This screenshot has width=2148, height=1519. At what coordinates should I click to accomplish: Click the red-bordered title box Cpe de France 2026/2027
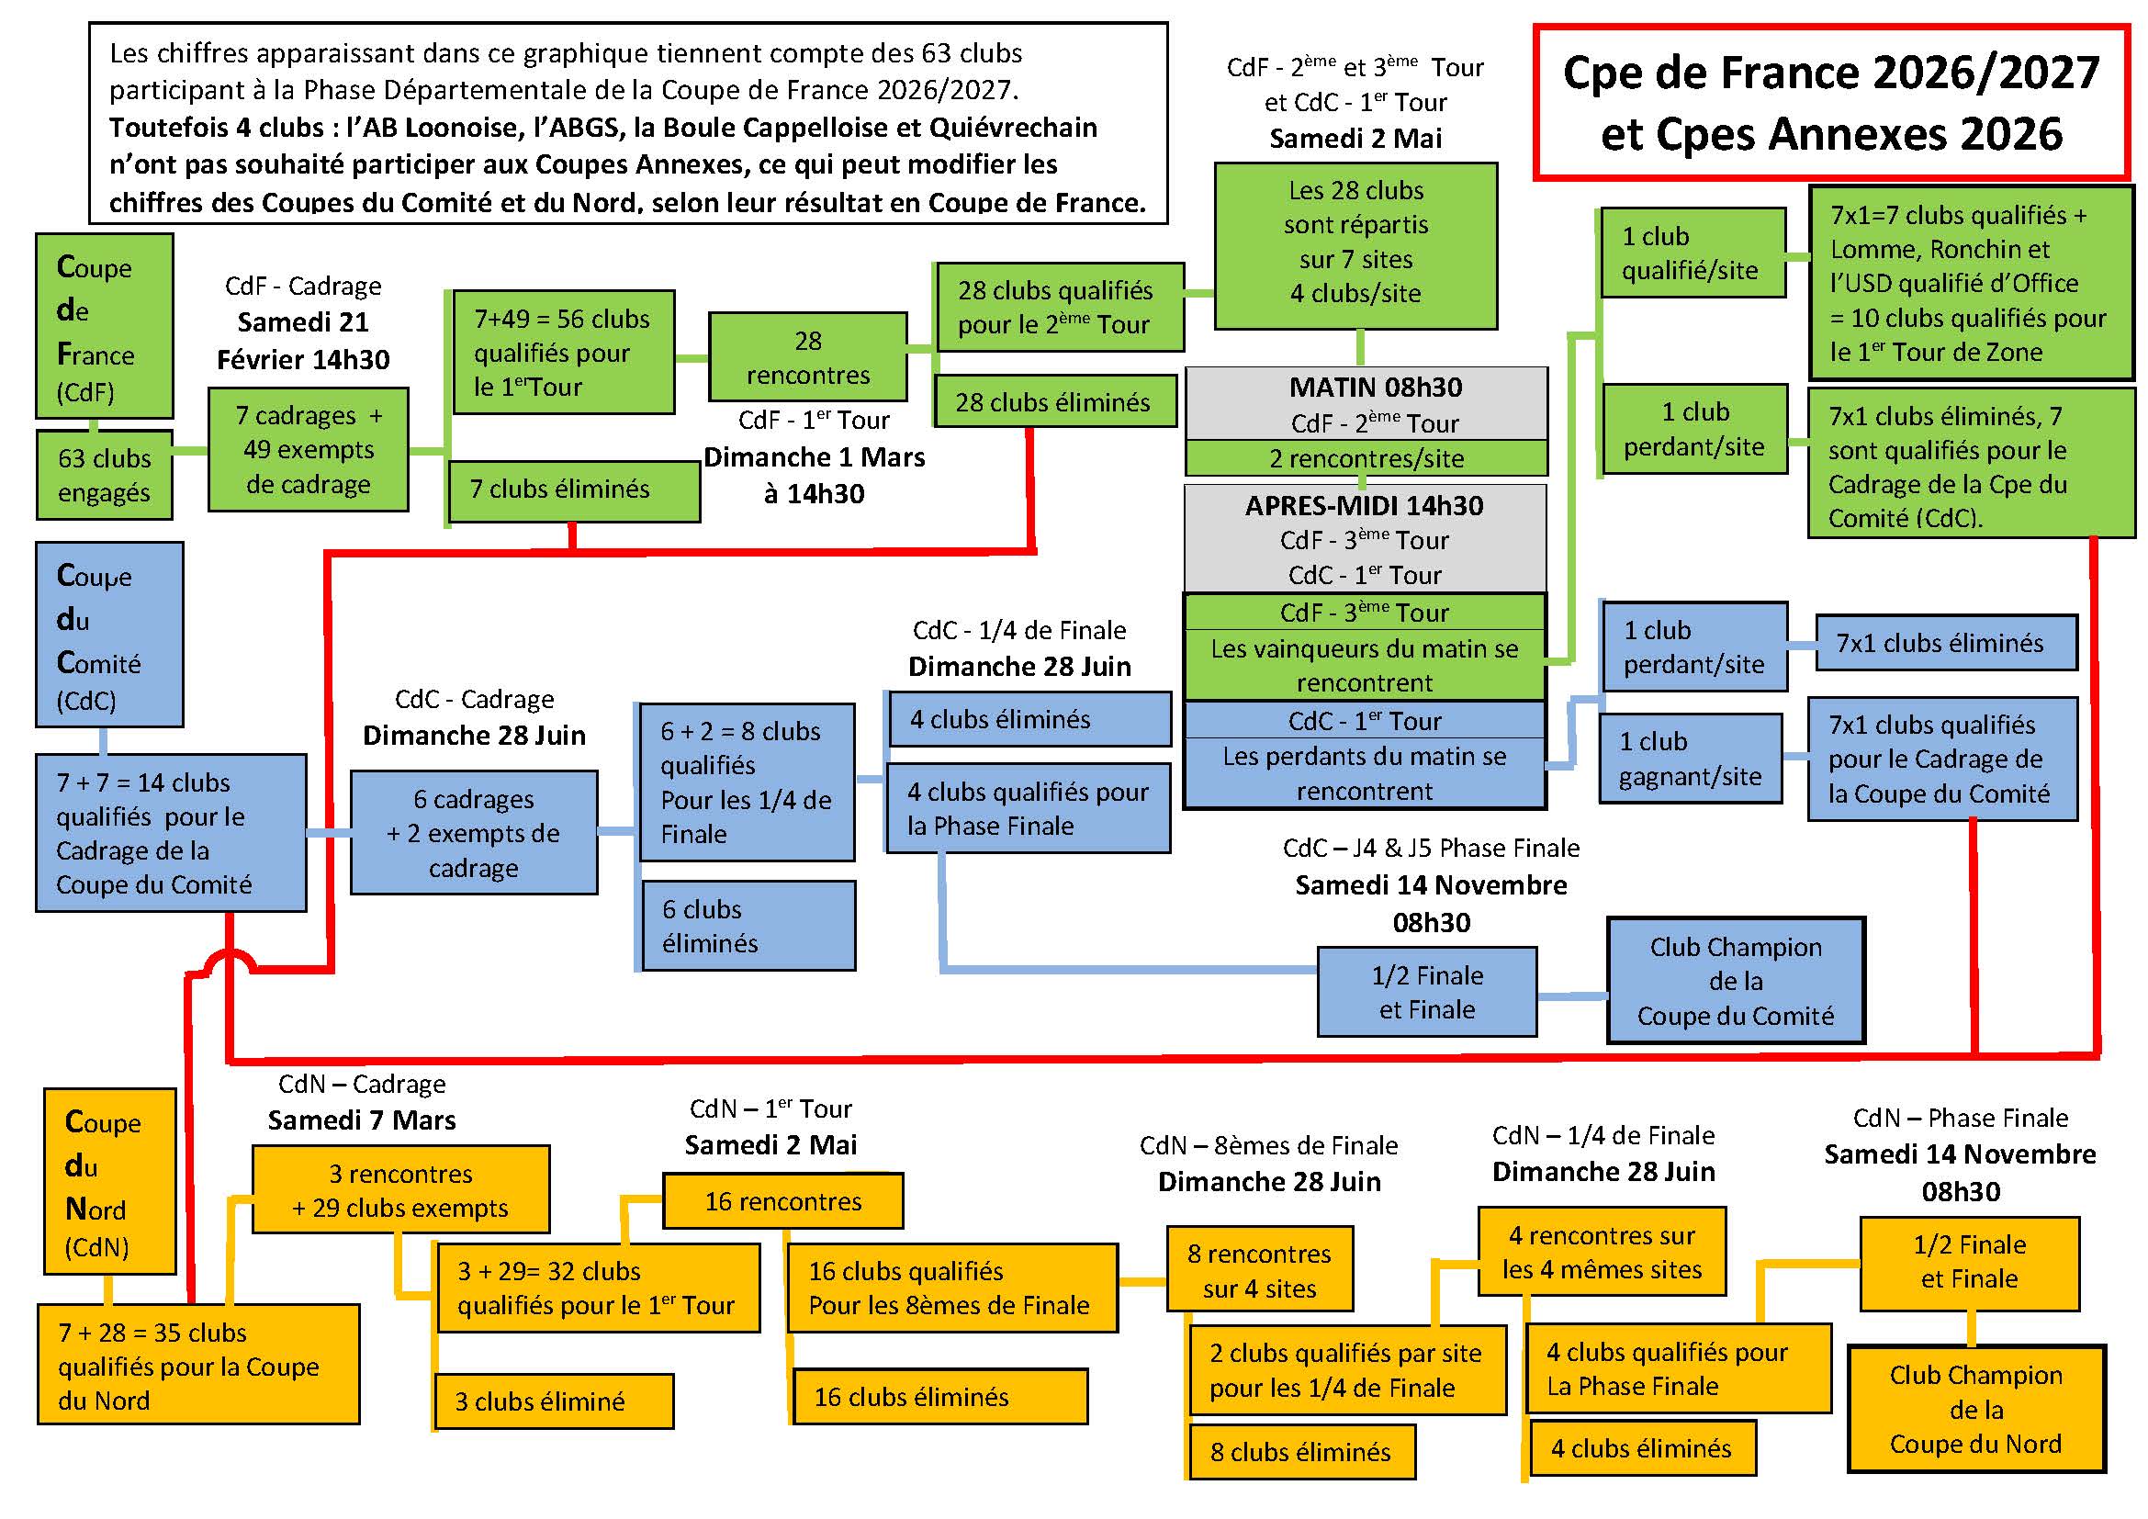click(1831, 103)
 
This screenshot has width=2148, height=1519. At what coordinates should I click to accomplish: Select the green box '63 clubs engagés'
click(104, 475)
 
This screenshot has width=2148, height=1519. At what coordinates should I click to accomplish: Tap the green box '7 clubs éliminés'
click(573, 490)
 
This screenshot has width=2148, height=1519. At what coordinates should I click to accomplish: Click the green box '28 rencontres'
click(807, 357)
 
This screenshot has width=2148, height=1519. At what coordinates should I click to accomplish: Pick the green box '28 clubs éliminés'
click(1054, 402)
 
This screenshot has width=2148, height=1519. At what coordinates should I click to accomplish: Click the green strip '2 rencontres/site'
click(1365, 458)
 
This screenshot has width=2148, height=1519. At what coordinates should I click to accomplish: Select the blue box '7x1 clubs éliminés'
click(1945, 644)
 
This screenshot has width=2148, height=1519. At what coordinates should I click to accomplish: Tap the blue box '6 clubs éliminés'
click(748, 926)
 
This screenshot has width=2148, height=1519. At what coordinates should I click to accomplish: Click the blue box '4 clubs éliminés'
click(1029, 719)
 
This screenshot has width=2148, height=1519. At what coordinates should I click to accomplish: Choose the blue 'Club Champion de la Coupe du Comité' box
click(1736, 981)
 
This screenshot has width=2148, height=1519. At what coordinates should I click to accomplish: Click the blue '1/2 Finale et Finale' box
click(1427, 993)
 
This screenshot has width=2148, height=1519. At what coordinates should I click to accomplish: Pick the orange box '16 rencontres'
click(782, 1201)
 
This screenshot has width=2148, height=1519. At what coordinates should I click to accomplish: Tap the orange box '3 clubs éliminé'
click(554, 1401)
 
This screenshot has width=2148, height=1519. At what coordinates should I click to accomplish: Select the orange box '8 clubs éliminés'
click(1300, 1452)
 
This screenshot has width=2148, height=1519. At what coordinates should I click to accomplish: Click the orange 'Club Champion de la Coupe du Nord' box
click(1975, 1410)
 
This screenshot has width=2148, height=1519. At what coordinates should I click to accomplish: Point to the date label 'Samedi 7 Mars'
click(361, 1120)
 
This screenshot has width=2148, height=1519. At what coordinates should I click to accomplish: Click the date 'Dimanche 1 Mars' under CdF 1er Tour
click(814, 457)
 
